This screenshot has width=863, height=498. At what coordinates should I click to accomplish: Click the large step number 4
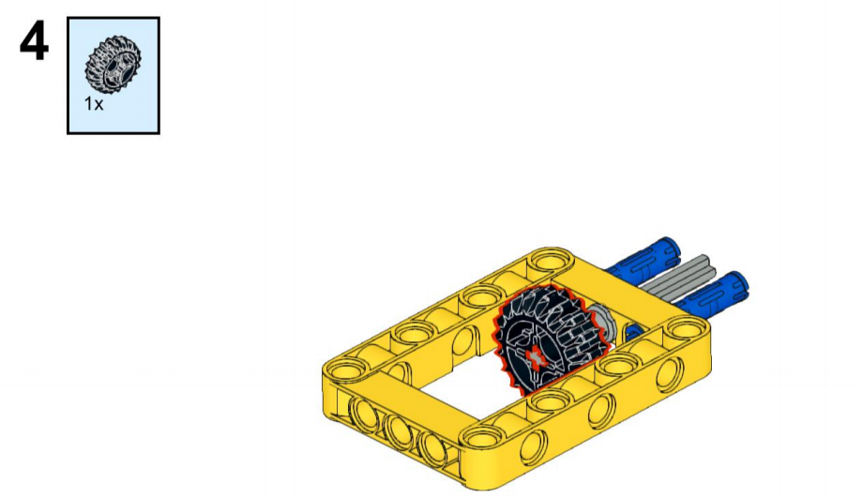pyautogui.click(x=34, y=42)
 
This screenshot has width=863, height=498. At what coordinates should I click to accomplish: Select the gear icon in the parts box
pyautogui.click(x=113, y=65)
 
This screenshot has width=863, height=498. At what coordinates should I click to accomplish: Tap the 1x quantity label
pyautogui.click(x=94, y=103)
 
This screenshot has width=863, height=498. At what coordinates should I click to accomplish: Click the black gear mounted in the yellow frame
pyautogui.click(x=551, y=340)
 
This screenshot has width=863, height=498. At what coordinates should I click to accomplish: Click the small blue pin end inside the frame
pyautogui.click(x=633, y=332)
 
